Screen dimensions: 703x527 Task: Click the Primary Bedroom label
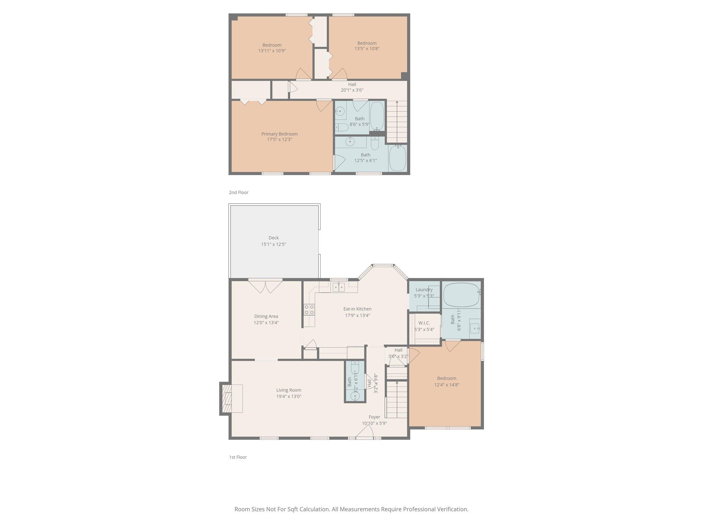(279, 134)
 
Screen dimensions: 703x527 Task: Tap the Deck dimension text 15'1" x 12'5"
(274, 244)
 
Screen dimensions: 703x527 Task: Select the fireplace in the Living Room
(231, 398)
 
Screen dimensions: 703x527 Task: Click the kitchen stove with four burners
(309, 309)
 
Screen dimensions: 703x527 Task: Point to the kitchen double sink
(338, 287)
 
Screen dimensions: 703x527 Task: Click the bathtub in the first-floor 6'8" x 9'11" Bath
(461, 295)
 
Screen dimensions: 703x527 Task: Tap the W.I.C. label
(424, 323)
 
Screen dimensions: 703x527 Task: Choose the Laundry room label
(424, 290)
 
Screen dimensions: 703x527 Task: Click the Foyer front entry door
(365, 432)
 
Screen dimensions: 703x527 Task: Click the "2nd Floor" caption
(239, 192)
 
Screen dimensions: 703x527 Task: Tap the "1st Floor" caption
(238, 457)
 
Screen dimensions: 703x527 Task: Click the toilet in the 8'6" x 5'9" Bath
(342, 127)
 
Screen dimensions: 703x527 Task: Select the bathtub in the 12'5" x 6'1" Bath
(397, 158)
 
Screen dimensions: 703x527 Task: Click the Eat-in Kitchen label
(357, 309)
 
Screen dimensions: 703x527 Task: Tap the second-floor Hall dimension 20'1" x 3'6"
(352, 90)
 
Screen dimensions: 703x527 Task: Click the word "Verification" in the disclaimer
(452, 509)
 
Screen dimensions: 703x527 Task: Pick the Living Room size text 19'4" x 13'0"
(289, 396)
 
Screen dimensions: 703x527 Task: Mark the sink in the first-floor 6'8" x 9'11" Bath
(475, 326)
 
